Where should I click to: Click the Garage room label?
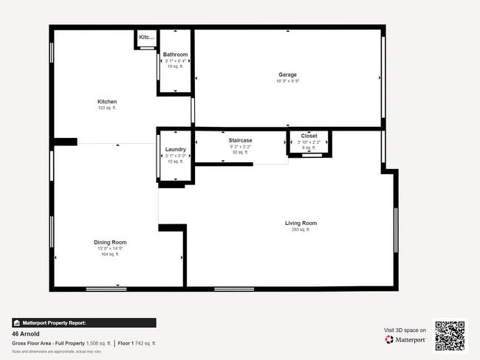(x=287, y=75)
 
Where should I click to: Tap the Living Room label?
(x=301, y=223)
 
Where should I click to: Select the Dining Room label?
(x=110, y=242)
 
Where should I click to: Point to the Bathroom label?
(x=175, y=55)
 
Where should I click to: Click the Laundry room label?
(x=175, y=150)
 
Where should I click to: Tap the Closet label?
(x=309, y=136)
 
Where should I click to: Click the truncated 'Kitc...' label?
(x=146, y=37)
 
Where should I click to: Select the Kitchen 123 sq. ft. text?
(x=107, y=108)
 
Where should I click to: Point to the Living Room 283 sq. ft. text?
(x=301, y=229)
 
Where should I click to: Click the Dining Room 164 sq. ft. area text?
(x=110, y=255)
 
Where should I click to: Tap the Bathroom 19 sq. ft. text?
(x=175, y=66)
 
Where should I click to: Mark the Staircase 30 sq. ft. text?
(x=240, y=153)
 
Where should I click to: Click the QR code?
(x=450, y=336)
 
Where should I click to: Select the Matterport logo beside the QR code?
(x=405, y=340)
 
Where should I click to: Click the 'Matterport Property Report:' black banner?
(x=83, y=322)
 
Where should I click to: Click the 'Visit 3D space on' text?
(x=405, y=330)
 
